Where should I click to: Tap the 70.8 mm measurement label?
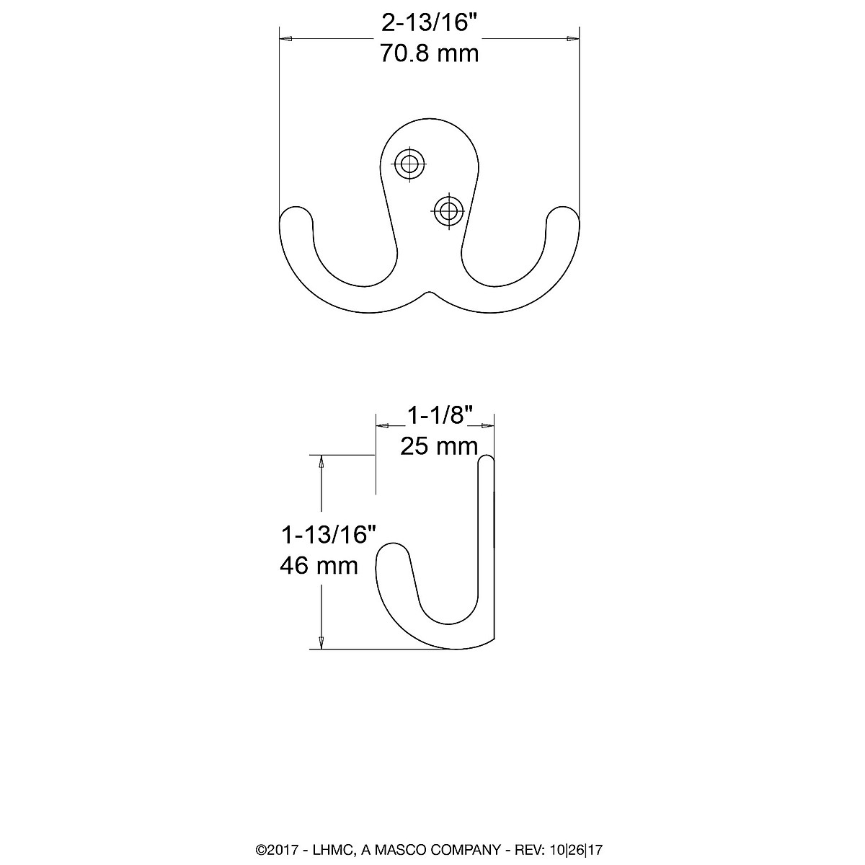coord(430,53)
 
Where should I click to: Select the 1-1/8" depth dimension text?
coord(439,416)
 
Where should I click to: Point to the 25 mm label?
coord(439,446)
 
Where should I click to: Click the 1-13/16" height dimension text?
coord(329,535)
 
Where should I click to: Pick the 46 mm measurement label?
coord(319,565)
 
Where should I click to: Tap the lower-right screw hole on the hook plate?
coord(448,210)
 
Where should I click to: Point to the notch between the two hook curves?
coord(430,293)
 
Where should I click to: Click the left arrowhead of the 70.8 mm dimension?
coord(285,40)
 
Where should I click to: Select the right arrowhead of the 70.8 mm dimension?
coord(575,40)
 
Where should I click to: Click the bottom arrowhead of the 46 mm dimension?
coord(321,642)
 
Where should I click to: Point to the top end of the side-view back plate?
coord(487,461)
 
